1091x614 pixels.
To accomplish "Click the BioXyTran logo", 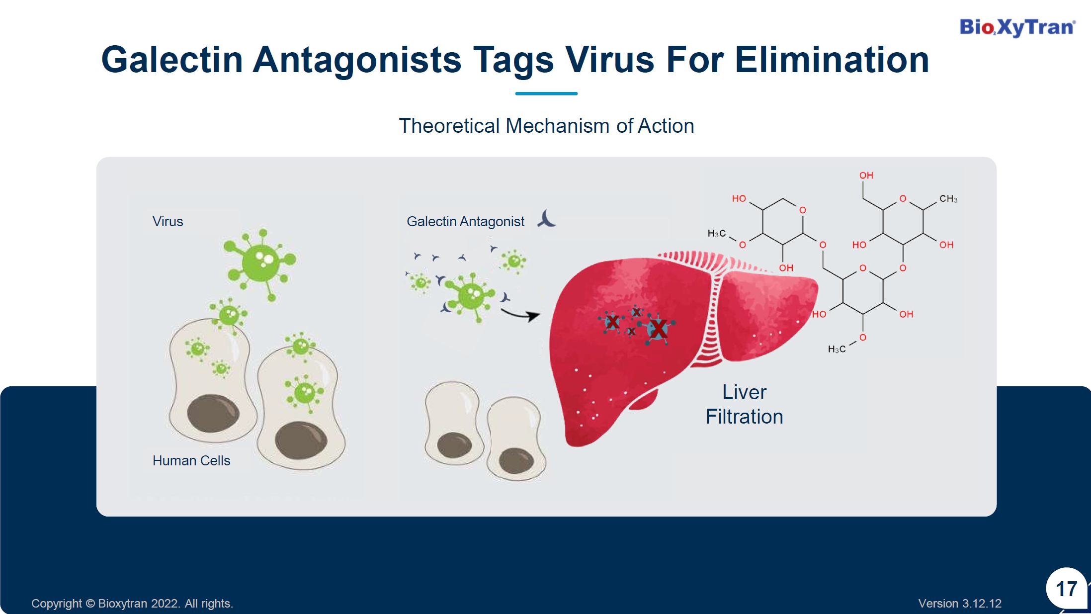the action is [1017, 27].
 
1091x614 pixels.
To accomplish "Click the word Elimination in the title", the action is [832, 60].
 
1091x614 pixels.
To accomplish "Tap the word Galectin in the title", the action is [172, 60].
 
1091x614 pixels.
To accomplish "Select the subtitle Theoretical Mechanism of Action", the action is [546, 126].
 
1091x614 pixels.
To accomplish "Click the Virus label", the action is [168, 221].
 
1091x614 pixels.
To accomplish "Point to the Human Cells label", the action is [191, 460].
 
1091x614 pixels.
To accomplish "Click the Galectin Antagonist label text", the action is [465, 221].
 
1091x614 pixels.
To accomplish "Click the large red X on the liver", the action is [659, 329].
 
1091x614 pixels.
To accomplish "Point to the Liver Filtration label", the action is [744, 404].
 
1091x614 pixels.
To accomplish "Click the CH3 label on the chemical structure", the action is [948, 199].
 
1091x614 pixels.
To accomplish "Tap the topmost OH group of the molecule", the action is [866, 175].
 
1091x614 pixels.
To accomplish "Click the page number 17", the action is [1066, 589].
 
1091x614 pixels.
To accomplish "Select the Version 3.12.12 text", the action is [960, 604].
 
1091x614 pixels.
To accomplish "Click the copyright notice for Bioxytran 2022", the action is [132, 604].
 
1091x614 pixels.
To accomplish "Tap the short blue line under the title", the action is [546, 93].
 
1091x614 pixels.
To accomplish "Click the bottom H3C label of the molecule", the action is [837, 350].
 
